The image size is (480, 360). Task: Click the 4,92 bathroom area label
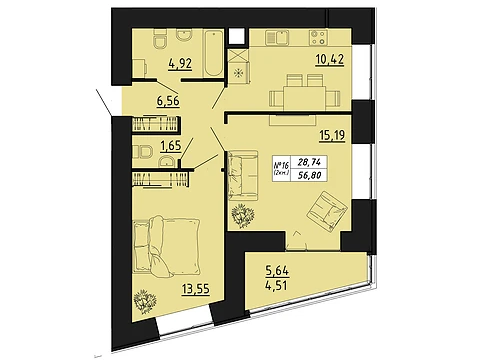coord(180,63)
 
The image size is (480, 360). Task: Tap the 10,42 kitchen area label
coord(330,60)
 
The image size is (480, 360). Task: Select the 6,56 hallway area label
coord(168,100)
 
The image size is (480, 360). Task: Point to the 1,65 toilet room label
coord(171,146)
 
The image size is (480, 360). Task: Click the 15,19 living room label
coord(332,136)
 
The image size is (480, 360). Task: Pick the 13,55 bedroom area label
coord(196,289)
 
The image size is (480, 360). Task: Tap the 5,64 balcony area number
coord(277,271)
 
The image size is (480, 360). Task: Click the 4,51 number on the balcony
coord(277,285)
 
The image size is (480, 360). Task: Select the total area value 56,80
coord(309,175)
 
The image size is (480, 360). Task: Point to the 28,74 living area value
coord(309,163)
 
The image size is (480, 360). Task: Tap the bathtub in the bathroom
coord(213,54)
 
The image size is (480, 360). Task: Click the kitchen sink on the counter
coord(277,37)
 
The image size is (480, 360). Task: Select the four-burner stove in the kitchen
coord(318,37)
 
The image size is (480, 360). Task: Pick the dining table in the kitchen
coord(304,98)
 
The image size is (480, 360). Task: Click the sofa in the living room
coord(243,176)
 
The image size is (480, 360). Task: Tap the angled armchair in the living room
coord(328,210)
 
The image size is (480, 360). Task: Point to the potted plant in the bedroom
coord(145,301)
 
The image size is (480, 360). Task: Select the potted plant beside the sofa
coord(243,216)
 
